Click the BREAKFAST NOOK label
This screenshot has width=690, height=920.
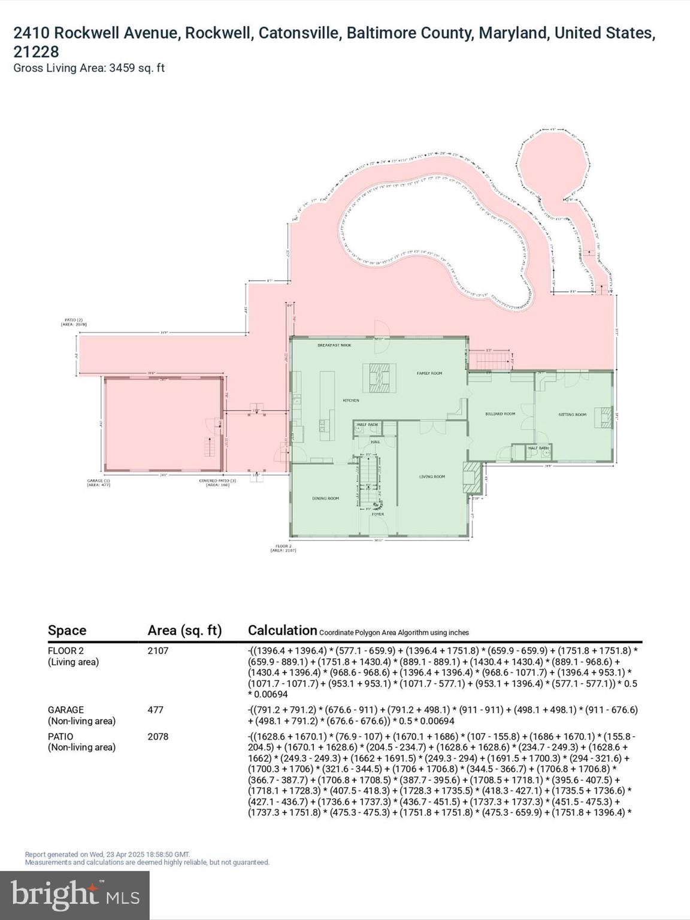point(334,346)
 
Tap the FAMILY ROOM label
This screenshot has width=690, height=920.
point(429,373)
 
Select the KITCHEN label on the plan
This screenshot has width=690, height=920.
point(350,400)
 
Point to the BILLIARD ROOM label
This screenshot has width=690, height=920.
point(500,414)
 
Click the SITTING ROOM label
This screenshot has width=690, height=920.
point(572,414)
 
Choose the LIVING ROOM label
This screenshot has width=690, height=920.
point(432,477)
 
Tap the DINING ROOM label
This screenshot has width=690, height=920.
point(325,498)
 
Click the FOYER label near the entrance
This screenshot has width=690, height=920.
point(377,514)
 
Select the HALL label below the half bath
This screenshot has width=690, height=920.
point(376,442)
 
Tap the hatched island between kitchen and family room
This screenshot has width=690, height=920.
point(379,378)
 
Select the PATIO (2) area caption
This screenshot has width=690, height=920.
point(74,322)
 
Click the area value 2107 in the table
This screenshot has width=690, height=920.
point(158,650)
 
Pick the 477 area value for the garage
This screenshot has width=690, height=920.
point(156,710)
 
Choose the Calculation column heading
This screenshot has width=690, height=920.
point(282,630)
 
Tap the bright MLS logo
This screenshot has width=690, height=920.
point(75,895)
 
